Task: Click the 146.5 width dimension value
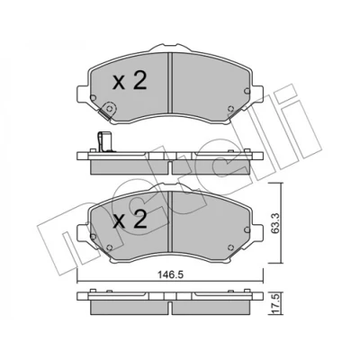coord(170,274)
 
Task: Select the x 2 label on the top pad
coord(130,81)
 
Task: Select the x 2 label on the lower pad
coord(130,220)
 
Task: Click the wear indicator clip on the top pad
coord(107,111)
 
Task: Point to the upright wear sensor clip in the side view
coord(103,142)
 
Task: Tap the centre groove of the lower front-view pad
coord(170,221)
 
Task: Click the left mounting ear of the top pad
coord(83,94)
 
